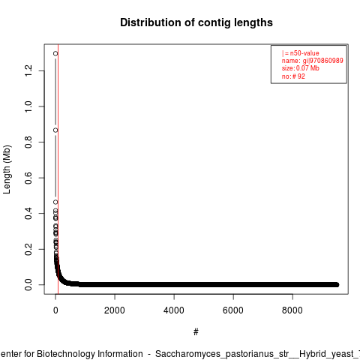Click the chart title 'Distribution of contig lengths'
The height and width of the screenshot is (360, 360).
coord(196,22)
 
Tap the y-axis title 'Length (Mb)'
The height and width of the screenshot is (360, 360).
coord(7,169)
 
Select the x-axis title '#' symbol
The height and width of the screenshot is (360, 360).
coord(196,332)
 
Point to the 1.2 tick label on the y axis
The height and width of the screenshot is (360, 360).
coord(28,70)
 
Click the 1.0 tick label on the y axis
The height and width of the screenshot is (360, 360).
coord(28,106)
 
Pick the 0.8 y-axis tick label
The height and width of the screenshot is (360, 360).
coord(28,142)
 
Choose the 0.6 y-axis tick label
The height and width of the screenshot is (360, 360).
coord(28,178)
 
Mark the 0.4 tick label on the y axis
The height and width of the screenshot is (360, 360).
coord(28,213)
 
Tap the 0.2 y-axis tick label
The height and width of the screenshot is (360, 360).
coord(28,249)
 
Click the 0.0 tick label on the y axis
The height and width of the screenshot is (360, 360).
coord(28,284)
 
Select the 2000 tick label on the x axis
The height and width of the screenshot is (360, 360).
coord(115,310)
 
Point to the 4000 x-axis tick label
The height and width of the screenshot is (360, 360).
coord(174,310)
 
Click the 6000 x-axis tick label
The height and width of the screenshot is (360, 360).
coord(233,310)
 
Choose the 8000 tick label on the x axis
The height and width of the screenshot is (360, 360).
coord(292,310)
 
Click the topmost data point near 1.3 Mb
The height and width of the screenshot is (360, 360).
coord(55,53)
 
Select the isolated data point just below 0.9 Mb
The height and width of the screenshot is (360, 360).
coord(55,130)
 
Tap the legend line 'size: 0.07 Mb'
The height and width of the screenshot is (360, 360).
coord(301,68)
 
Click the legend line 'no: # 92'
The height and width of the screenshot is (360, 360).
coord(293,76)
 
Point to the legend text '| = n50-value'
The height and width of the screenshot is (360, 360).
coord(301,53)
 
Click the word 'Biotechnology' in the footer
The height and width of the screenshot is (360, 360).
coord(66,354)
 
